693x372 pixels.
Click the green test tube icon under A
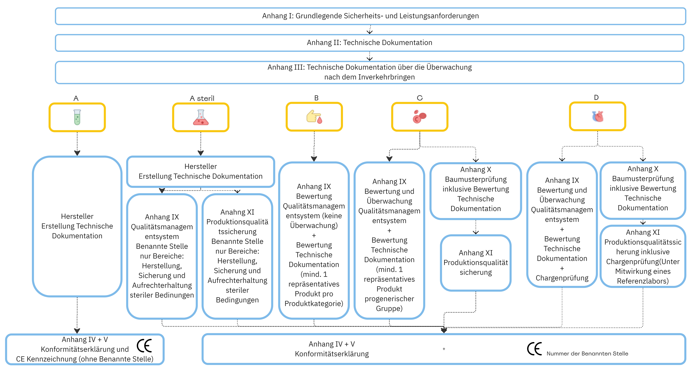pyautogui.click(x=77, y=117)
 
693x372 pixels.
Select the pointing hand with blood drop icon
pyautogui.click(x=314, y=117)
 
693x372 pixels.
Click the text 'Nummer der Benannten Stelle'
pyautogui.click(x=587, y=353)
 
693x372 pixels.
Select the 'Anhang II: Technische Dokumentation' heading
pyautogui.click(x=369, y=43)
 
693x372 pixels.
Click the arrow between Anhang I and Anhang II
pyautogui.click(x=370, y=29)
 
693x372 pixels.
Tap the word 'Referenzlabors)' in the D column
pyautogui.click(x=643, y=281)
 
